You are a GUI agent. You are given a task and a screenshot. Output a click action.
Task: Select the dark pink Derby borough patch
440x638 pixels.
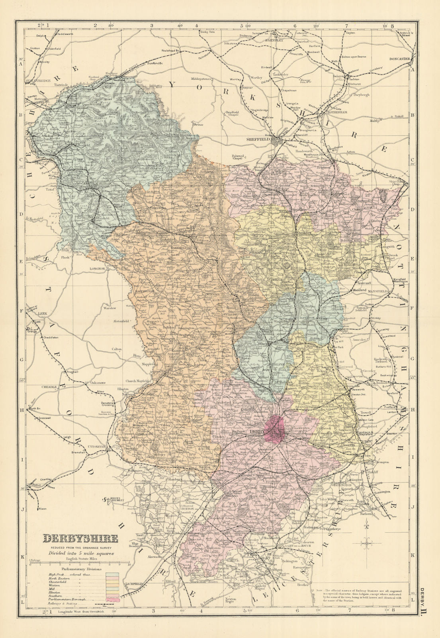point(275,431)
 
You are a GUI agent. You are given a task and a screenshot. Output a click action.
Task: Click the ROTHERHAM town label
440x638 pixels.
point(338,112)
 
